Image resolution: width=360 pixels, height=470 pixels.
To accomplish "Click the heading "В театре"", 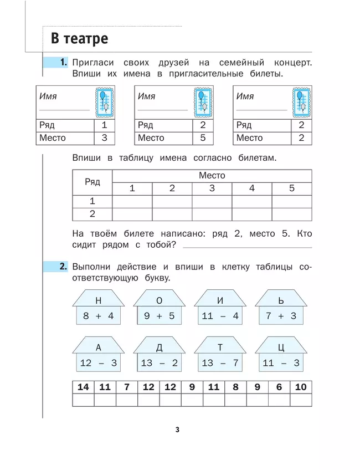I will pyautogui.click(x=79, y=39).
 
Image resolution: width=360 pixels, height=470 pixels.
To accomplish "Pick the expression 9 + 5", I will pyautogui.click(x=159, y=316).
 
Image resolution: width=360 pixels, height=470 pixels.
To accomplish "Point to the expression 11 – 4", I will pyautogui.click(x=220, y=316).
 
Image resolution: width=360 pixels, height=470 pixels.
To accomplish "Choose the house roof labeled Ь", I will pyautogui.click(x=281, y=300).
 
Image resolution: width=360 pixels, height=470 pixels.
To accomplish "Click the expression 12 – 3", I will pyautogui.click(x=98, y=364).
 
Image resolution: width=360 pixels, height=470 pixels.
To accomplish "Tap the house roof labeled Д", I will pyautogui.click(x=159, y=348).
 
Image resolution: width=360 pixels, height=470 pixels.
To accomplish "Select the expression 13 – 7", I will pyautogui.click(x=220, y=364).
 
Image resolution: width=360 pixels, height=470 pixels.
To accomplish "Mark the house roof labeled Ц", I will pyautogui.click(x=281, y=348).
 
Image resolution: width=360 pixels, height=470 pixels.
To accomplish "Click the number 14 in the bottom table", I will pyautogui.click(x=83, y=387).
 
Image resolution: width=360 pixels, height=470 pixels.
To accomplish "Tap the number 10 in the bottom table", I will pyautogui.click(x=301, y=387).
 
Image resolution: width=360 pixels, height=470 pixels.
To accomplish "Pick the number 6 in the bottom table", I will pyautogui.click(x=279, y=387).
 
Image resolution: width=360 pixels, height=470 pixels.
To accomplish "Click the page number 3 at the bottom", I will pyautogui.click(x=177, y=429).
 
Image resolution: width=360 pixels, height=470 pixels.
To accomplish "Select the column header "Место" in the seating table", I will pyautogui.click(x=212, y=176).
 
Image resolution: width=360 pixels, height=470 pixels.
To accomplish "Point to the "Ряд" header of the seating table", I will pyautogui.click(x=92, y=182).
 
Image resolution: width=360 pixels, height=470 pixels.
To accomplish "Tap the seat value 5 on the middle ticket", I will pyautogui.click(x=203, y=138).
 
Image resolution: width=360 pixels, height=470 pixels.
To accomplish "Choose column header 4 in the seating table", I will pyautogui.click(x=252, y=188).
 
